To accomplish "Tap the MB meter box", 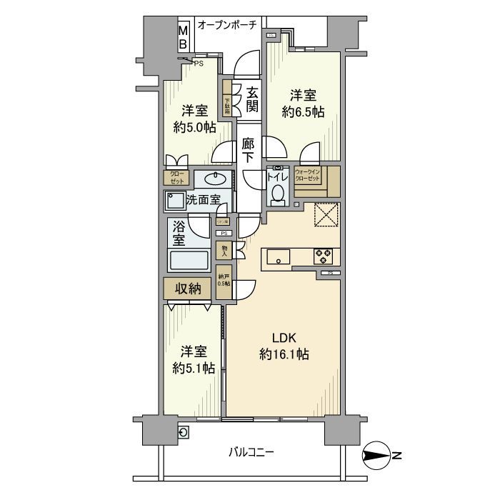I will pyautogui.click(x=183, y=37).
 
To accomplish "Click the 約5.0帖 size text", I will pyautogui.click(x=194, y=128).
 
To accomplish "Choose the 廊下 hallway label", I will pyautogui.click(x=248, y=151).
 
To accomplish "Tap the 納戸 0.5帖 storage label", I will pyautogui.click(x=224, y=281).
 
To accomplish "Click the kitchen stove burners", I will pyautogui.click(x=322, y=255).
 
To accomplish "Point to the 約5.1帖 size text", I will pyautogui.click(x=194, y=368).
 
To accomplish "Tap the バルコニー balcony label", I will pyautogui.click(x=251, y=452).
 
